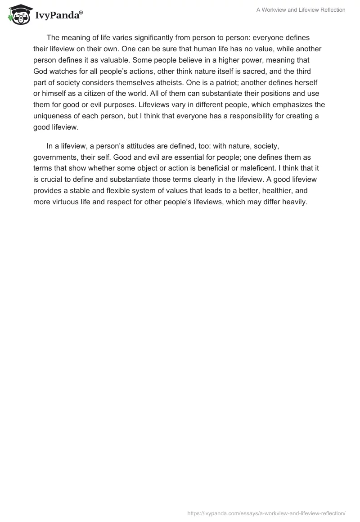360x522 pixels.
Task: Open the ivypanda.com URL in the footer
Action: pos(266,513)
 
